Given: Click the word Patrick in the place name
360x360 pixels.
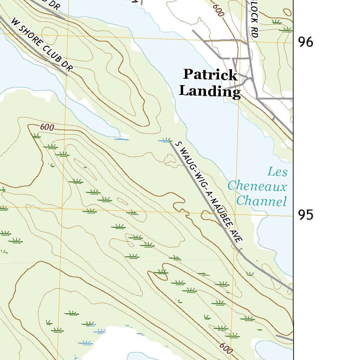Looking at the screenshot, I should [x=210, y=75].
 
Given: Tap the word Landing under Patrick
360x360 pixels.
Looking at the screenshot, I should [x=210, y=91].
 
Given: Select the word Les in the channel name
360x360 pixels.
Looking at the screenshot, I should [x=277, y=172].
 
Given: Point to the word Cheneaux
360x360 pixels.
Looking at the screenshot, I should [x=257, y=186].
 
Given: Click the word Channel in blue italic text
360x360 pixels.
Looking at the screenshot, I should [x=261, y=201].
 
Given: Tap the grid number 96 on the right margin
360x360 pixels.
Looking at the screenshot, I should [x=306, y=42].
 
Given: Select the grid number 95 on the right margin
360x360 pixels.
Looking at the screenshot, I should [x=306, y=214].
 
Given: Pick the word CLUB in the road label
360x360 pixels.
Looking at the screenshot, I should [x=51, y=54].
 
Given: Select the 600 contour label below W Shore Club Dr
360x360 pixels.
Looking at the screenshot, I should [x=47, y=127].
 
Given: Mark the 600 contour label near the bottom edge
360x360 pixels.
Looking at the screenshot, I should [x=226, y=348].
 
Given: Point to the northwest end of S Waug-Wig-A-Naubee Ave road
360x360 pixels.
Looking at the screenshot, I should [x=171, y=142].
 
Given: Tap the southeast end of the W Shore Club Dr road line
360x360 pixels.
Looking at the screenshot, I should [x=67, y=75].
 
